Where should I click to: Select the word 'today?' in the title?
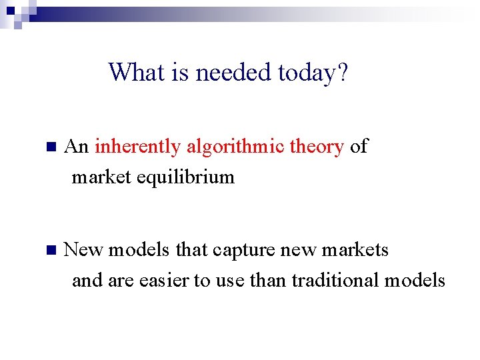click(x=313, y=72)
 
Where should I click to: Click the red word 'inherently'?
click(x=137, y=147)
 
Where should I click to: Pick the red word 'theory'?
click(x=317, y=147)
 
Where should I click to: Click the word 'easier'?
click(x=164, y=281)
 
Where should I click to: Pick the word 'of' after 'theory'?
click(x=359, y=147)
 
